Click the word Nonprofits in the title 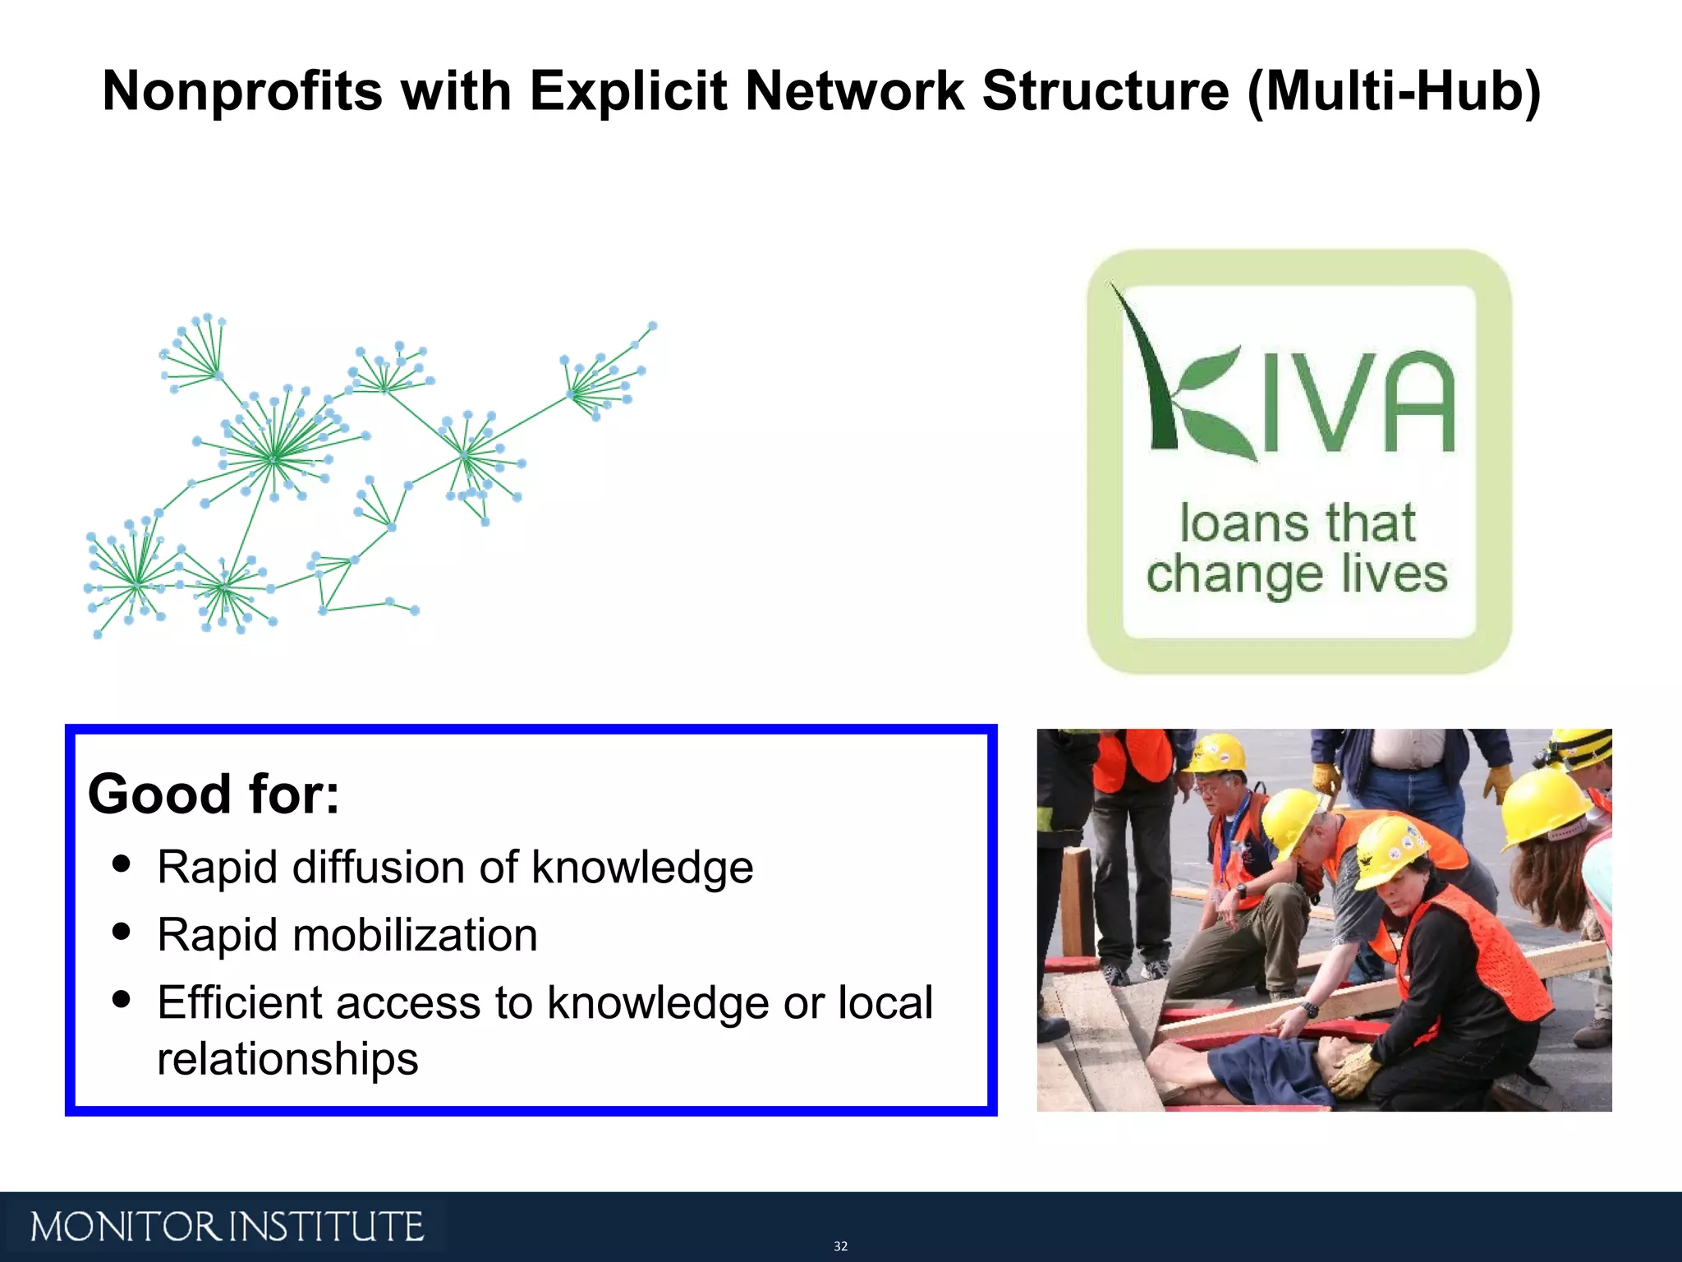242,90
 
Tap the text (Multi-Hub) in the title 1394,90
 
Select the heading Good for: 214,795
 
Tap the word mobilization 415,935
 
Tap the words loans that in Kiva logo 1298,523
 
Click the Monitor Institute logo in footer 227,1227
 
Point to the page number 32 840,1246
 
